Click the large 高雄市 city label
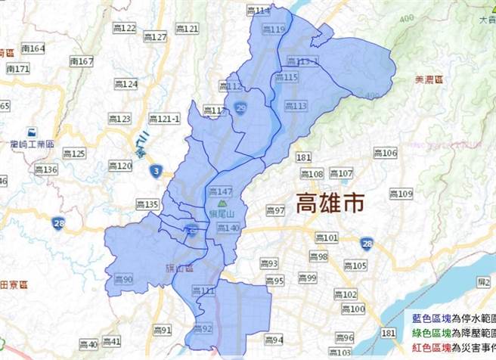(x=330, y=203)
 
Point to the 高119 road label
(x=274, y=29)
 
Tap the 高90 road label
(x=123, y=280)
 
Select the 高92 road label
(x=202, y=328)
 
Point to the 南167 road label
(x=81, y=61)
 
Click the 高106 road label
(x=385, y=154)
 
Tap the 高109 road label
(x=401, y=194)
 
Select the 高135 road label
(x=147, y=204)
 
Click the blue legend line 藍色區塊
(x=451, y=320)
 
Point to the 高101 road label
(x=326, y=238)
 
